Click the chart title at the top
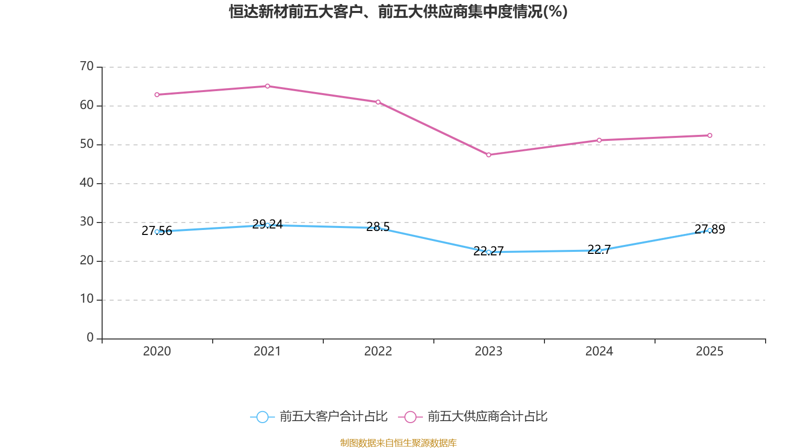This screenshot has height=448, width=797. (x=398, y=11)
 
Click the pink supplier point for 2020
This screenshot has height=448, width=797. (x=157, y=95)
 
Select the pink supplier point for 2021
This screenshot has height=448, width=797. (x=267, y=86)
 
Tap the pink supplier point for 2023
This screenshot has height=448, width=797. (x=489, y=155)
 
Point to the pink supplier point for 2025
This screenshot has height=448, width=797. (x=710, y=135)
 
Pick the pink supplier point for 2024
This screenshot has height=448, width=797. (x=599, y=140)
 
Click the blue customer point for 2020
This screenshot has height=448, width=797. (x=157, y=231)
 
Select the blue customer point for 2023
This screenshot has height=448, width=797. (x=489, y=252)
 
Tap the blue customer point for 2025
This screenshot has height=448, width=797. (x=710, y=230)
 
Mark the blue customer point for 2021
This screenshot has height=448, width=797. (x=267, y=225)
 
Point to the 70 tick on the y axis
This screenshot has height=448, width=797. (x=87, y=66)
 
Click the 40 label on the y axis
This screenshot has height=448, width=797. (x=87, y=183)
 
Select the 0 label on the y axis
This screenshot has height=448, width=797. (x=90, y=338)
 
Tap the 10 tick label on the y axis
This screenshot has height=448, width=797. (x=87, y=299)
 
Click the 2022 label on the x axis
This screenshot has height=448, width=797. (x=378, y=351)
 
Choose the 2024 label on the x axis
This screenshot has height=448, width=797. (x=599, y=351)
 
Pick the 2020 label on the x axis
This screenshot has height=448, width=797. (x=157, y=351)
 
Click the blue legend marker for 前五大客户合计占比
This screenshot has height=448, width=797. (x=262, y=417)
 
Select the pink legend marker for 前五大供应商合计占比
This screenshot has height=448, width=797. (x=410, y=417)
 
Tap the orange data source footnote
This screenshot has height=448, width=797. (x=398, y=443)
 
